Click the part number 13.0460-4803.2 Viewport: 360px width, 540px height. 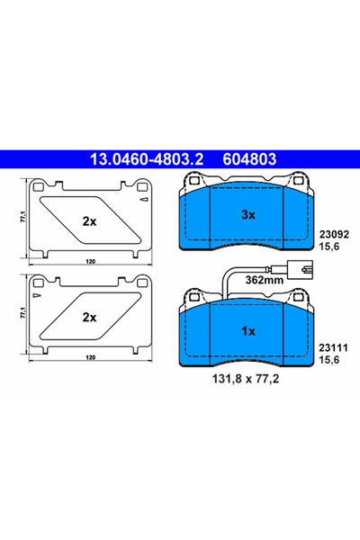tap(147, 159)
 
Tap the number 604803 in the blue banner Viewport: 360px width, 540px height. tap(249, 159)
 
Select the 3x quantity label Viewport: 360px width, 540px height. tap(248, 215)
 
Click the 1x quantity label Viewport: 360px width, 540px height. tap(248, 331)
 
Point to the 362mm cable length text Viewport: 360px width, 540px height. tap(265, 280)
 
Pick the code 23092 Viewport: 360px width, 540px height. tap(334, 235)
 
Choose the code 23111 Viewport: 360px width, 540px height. tap(333, 347)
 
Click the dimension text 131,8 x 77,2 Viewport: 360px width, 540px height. tap(246, 379)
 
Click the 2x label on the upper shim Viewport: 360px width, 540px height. tap(90, 221)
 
